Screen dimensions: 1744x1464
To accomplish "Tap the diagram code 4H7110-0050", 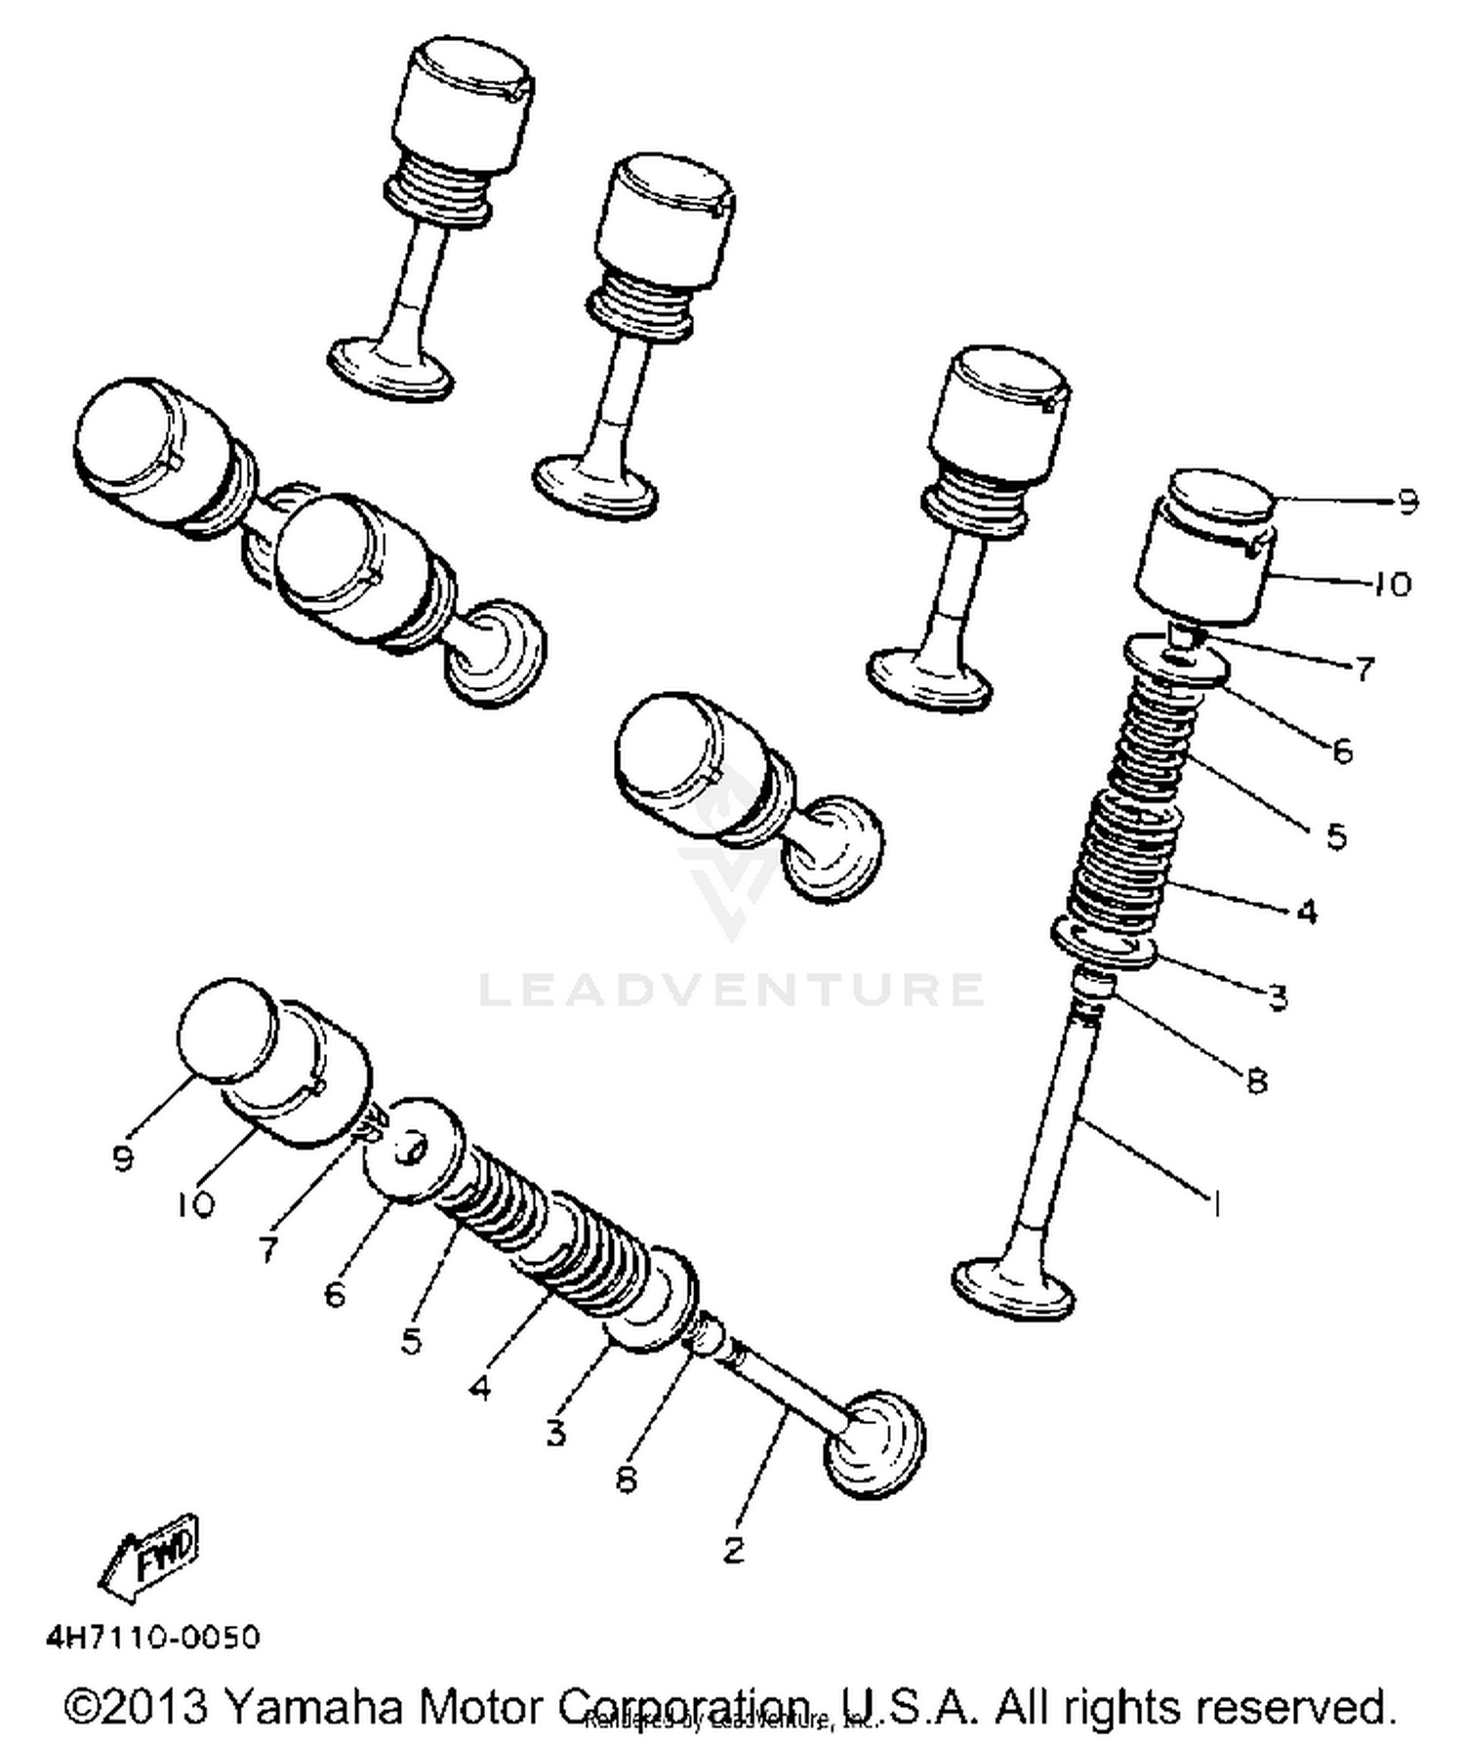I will pyautogui.click(x=153, y=1637).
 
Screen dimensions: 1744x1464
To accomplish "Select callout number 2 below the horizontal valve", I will pyautogui.click(x=734, y=1548).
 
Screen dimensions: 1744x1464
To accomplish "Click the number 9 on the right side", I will pyautogui.click(x=1405, y=502).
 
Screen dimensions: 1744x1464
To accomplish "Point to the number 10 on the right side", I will pyautogui.click(x=1392, y=584).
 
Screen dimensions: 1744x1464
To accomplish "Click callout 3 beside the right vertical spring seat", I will pyautogui.click(x=1278, y=996).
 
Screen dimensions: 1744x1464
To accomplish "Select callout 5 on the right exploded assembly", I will pyautogui.click(x=1336, y=835).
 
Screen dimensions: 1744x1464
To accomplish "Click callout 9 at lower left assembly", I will pyautogui.click(x=122, y=1158).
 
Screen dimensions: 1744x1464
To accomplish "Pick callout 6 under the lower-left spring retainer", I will pyautogui.click(x=335, y=1294).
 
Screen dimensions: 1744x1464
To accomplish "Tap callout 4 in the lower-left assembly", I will pyautogui.click(x=479, y=1387).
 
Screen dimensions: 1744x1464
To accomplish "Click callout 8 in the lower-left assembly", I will pyautogui.click(x=626, y=1480).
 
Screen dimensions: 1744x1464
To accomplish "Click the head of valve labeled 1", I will pyautogui.click(x=1013, y=1291).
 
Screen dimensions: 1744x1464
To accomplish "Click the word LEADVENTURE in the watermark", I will pyautogui.click(x=732, y=989).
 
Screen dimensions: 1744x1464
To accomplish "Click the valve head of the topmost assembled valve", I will pyautogui.click(x=390, y=368).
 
